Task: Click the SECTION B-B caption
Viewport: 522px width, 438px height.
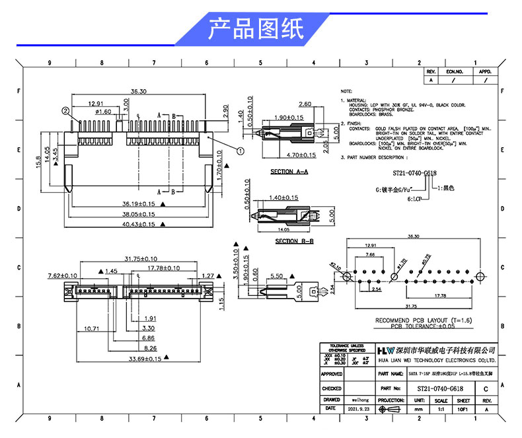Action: (294, 241)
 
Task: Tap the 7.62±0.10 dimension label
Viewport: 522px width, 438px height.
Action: (63, 275)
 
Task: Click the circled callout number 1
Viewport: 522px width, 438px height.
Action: (240, 151)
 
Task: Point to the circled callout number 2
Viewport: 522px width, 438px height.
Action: (65, 110)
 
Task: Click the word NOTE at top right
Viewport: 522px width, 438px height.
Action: (347, 91)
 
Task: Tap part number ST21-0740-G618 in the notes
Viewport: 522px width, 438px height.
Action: (414, 173)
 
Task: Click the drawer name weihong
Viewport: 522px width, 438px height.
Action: (359, 400)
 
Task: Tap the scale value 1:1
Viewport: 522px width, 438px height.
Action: (441, 410)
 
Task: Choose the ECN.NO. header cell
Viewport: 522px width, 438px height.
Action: (455, 71)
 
